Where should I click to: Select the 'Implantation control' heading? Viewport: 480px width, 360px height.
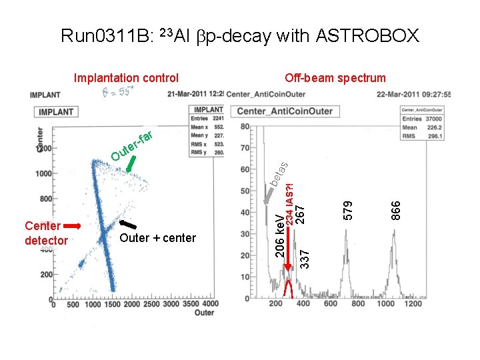point(126,78)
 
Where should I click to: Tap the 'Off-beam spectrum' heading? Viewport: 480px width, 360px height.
point(335,78)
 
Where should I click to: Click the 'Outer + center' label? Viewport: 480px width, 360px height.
point(157,238)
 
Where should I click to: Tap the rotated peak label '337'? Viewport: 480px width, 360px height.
point(305,258)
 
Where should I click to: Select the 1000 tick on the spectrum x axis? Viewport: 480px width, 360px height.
point(385,303)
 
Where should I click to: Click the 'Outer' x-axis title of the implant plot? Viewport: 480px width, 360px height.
point(205,312)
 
